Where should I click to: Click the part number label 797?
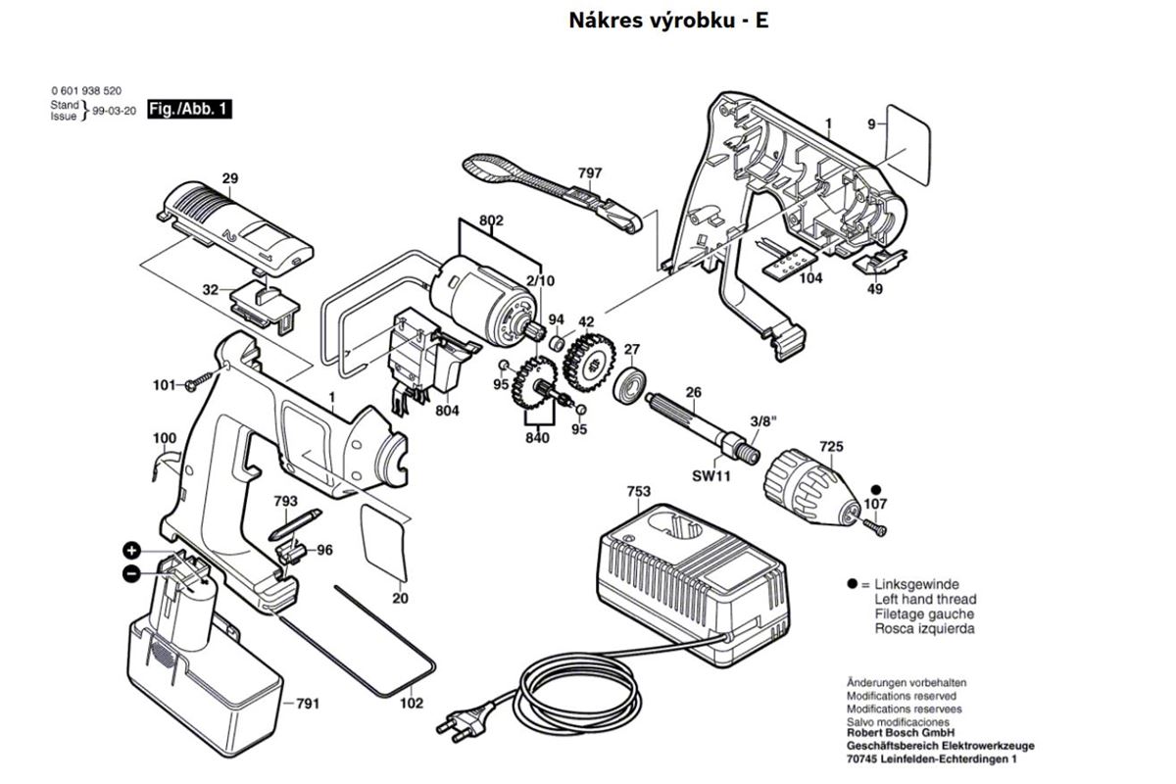[590, 173]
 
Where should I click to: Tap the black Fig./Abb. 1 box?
[190, 109]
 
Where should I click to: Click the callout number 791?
[308, 703]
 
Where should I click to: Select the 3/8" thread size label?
[762, 421]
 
